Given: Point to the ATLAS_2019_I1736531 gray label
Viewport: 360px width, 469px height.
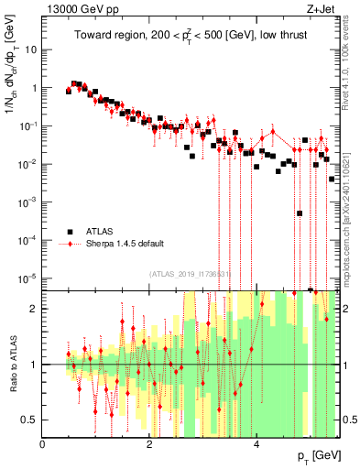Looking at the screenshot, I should point(190,274).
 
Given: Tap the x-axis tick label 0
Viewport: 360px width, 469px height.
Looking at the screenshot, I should point(43,443).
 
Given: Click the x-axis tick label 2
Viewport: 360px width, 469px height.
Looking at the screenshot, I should point(150,443).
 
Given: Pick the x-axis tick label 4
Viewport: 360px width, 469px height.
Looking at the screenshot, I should point(257,443).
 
